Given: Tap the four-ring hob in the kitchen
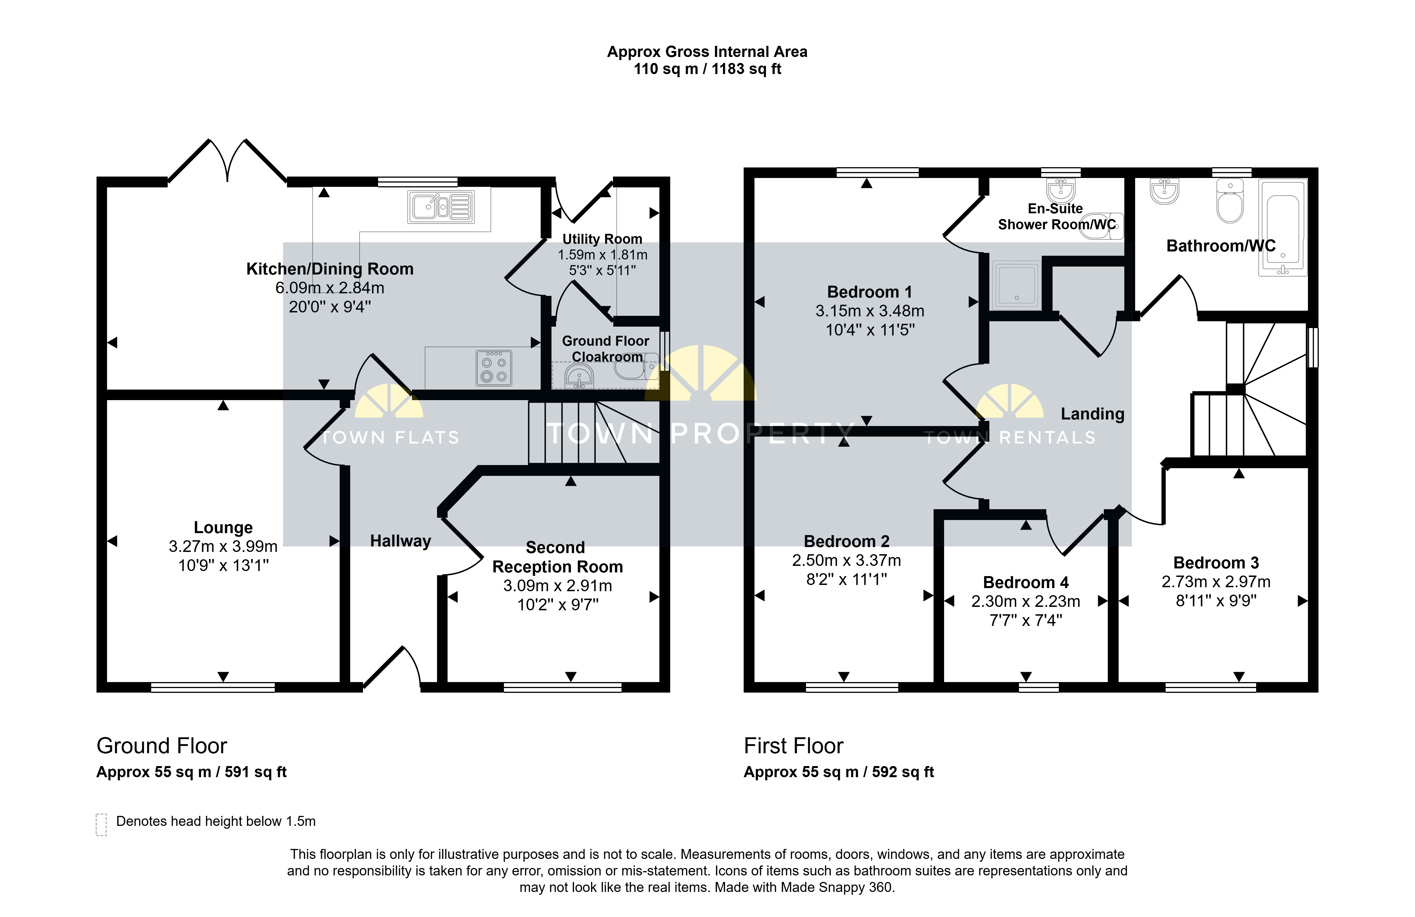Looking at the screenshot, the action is click(493, 368).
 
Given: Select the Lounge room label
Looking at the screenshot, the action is click(223, 527).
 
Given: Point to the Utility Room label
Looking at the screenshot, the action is click(602, 239).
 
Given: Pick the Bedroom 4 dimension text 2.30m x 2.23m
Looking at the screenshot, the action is click(1026, 601).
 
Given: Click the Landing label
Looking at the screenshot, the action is click(1092, 414).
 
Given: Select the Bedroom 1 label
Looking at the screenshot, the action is click(869, 292).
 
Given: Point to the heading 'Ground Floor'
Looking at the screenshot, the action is click(162, 746).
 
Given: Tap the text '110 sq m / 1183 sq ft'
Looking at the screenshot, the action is click(707, 69).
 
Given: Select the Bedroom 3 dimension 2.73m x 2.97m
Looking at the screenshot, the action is click(1216, 582).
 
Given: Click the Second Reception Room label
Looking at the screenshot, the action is click(557, 557).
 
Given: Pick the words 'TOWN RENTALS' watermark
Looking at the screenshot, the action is click(1010, 438).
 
